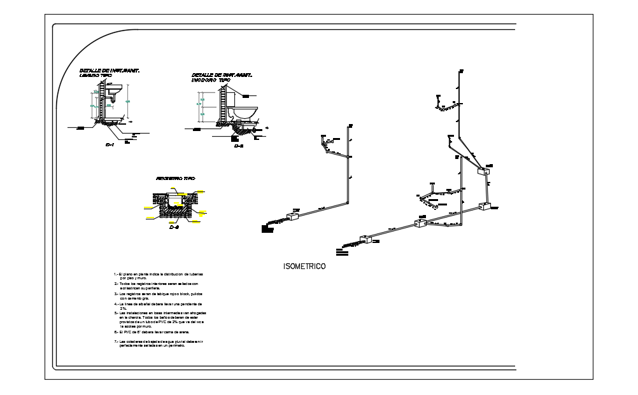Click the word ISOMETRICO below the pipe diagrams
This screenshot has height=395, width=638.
tap(304, 267)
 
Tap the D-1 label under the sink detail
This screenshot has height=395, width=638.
tap(109, 145)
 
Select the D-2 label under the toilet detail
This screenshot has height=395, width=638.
tap(239, 146)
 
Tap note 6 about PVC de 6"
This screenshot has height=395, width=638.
tap(153, 332)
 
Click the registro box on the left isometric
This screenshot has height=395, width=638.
tap(294, 217)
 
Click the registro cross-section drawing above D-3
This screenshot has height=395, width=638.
tap(173, 205)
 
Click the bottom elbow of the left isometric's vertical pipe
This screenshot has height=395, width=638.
tap(347, 203)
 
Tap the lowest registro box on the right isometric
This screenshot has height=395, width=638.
tap(366, 240)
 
